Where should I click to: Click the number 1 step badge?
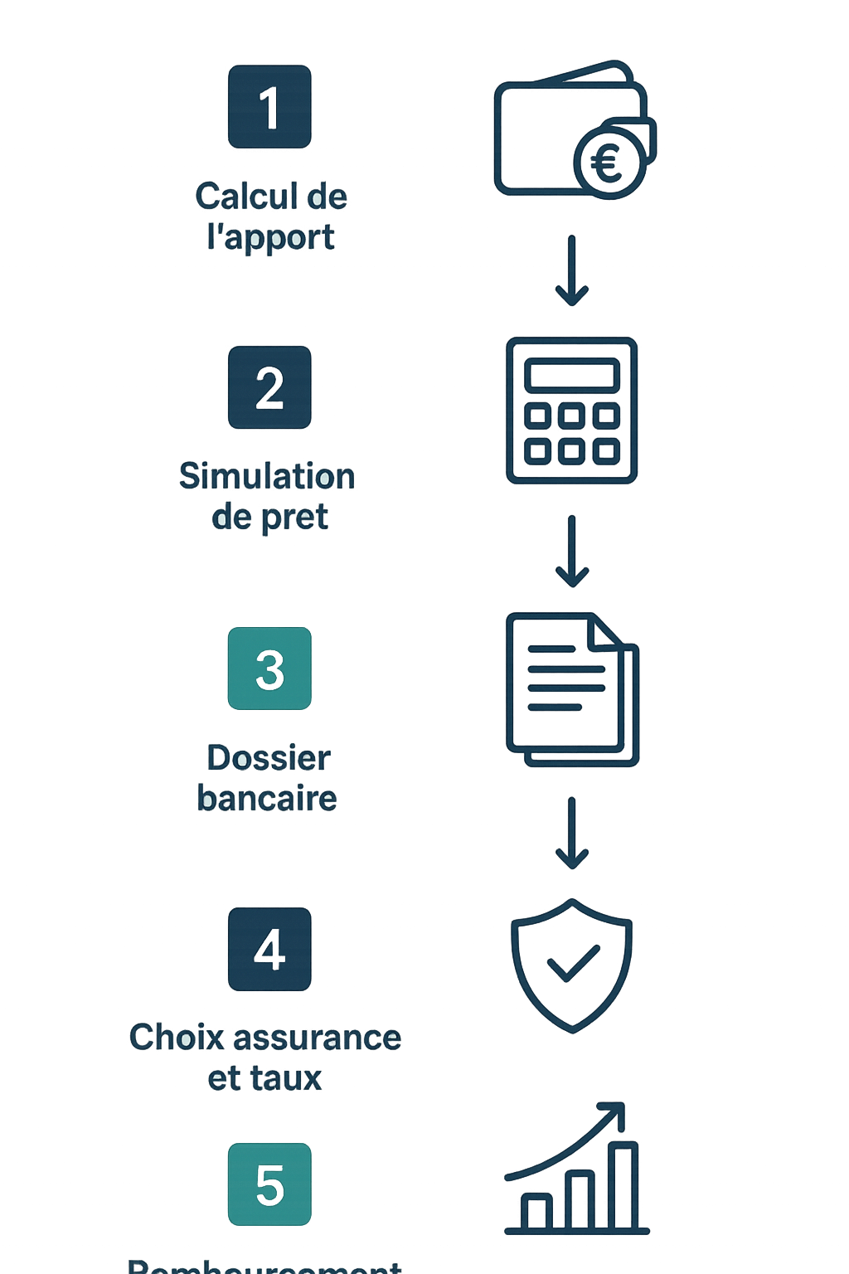point(269,107)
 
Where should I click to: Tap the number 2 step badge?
point(269,387)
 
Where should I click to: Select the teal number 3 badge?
point(269,669)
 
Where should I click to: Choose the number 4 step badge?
point(269,949)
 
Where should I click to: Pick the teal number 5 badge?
point(269,1184)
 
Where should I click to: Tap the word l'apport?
point(271,238)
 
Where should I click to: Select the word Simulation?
point(267,477)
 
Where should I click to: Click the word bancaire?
point(267,799)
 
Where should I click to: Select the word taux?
point(288,1078)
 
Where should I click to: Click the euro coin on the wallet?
point(608,163)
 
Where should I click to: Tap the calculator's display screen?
point(572,374)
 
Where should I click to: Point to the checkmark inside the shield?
point(573,965)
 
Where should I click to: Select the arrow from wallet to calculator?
point(572,270)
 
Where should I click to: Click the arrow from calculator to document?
point(572,551)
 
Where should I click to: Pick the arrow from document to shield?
point(572,832)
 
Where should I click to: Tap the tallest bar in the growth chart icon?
point(623,1185)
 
